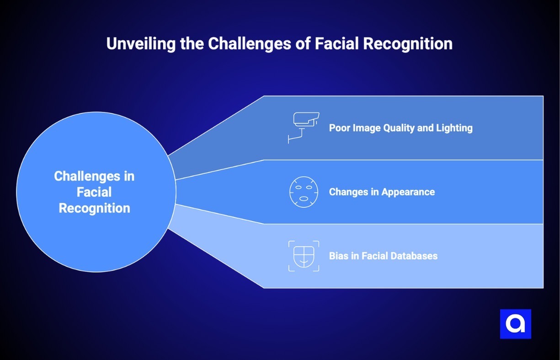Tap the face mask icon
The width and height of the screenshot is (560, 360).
(x=304, y=192)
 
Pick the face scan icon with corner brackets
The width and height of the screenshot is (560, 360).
(x=304, y=256)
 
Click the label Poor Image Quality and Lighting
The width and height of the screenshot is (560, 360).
(x=400, y=128)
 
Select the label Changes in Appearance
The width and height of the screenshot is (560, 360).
(x=382, y=192)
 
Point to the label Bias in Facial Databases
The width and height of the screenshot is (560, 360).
(x=383, y=256)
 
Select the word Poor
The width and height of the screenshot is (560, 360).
(x=340, y=128)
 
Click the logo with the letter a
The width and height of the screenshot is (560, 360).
(x=515, y=324)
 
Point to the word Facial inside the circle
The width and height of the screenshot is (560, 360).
(x=94, y=192)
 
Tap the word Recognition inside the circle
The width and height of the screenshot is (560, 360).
(x=95, y=208)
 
